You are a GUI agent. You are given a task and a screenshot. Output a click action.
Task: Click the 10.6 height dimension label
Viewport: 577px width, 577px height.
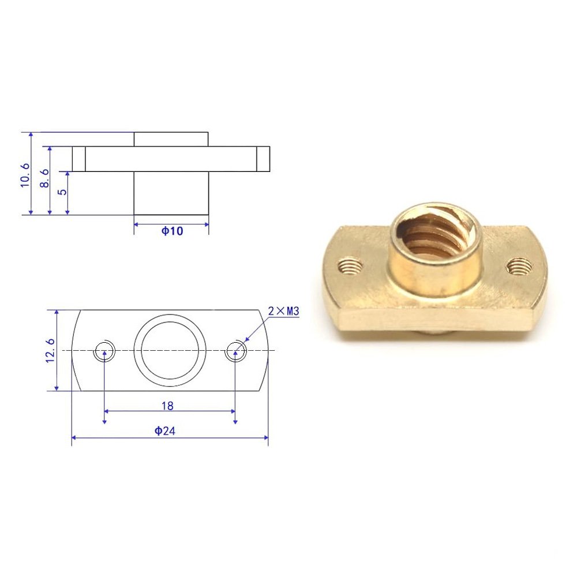25,175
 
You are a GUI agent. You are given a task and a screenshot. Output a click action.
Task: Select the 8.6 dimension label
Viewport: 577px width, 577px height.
44,178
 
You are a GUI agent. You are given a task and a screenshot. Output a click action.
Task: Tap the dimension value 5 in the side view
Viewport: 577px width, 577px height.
63,192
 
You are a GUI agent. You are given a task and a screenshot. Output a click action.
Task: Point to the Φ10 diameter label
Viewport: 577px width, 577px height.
172,231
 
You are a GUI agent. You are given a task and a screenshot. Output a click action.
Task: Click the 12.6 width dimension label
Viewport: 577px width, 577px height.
50,351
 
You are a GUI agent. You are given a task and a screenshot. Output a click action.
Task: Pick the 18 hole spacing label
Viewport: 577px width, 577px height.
167,406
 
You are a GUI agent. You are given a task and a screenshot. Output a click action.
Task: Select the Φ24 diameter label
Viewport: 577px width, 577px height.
164,430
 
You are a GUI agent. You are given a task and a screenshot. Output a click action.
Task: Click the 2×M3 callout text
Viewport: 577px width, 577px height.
284,312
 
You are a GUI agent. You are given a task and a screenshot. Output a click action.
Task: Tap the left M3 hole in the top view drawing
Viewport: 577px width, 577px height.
104,351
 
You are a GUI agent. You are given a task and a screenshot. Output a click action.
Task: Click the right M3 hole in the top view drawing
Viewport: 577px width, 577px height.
235,351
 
